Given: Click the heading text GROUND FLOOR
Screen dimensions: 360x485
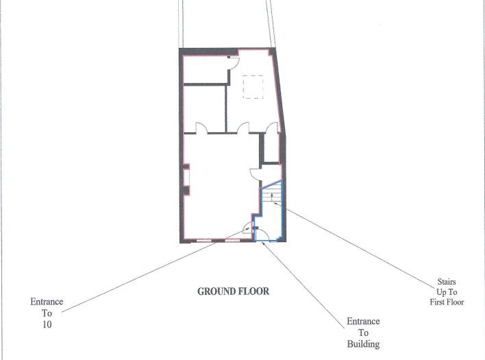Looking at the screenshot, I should pos(233,291).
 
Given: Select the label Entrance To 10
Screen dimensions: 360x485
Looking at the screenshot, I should pos(47,313).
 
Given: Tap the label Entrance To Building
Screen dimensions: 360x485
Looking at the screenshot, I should pos(363,333).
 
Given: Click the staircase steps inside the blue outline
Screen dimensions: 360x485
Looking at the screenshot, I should pos(271,198).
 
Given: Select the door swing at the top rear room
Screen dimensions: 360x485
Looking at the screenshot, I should pos(233,62).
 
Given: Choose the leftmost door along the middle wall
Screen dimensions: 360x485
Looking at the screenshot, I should pos(202,128).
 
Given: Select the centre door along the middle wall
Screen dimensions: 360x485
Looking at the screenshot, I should pos(243,128).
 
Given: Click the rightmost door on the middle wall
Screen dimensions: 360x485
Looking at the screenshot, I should pos(273,128).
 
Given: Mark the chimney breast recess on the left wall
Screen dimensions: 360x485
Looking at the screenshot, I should pos(186,177).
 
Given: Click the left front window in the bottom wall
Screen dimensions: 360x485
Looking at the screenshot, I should pos(203,241).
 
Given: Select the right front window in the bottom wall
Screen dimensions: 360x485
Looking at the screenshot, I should pos(233,241).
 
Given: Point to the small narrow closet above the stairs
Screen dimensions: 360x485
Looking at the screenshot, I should pos(272,148).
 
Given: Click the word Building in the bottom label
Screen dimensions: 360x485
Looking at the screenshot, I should pos(363,344).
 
